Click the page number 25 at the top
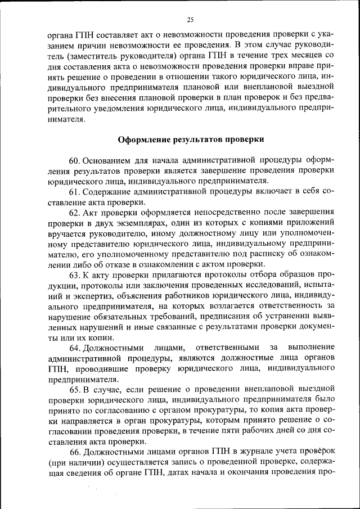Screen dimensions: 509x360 coord(190,20)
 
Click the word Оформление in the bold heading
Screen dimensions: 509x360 coord(145,139)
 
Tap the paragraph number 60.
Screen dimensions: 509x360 coord(76,161)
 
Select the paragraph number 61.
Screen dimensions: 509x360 coord(76,192)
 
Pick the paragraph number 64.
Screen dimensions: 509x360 coord(76,347)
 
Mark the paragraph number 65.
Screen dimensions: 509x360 coord(76,389)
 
